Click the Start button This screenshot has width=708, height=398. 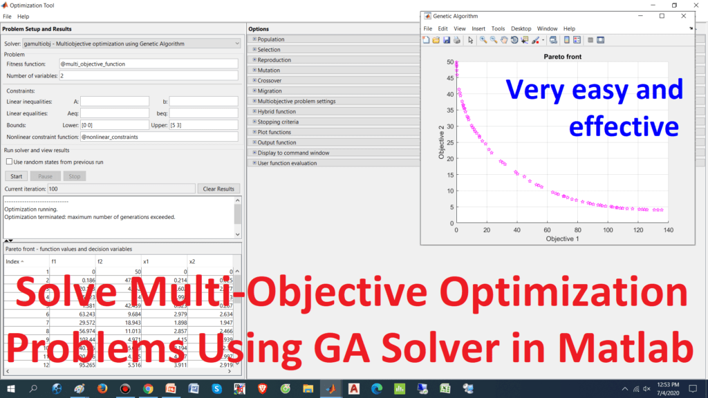(x=16, y=176)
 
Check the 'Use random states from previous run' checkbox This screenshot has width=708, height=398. (x=9, y=162)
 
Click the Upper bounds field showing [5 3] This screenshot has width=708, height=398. (x=203, y=125)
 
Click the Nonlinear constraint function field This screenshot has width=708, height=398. (x=158, y=137)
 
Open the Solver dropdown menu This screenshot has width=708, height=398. (x=237, y=44)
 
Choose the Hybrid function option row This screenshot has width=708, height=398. (x=277, y=111)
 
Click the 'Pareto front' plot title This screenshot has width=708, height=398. (x=559, y=55)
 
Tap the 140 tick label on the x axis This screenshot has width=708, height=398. (x=667, y=230)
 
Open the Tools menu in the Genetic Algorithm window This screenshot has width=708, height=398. (x=498, y=28)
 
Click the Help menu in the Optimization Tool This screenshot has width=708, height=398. (x=24, y=16)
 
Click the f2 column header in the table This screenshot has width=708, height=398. (x=100, y=262)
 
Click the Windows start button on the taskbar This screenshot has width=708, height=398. (x=12, y=389)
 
